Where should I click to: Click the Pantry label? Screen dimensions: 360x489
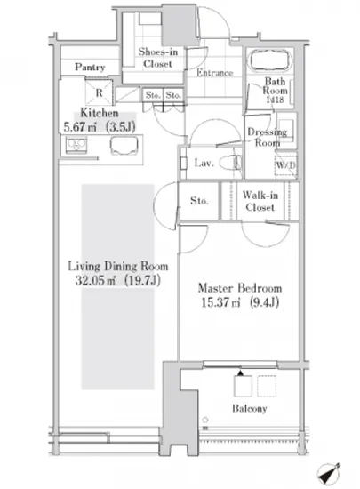click(90, 68)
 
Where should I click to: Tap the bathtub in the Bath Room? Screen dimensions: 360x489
click(270, 60)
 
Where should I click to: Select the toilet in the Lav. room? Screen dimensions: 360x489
click(230, 163)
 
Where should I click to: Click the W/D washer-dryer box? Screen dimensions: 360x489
click(285, 165)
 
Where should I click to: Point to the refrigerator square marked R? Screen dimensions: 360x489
click(99, 92)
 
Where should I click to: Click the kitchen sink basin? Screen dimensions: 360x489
click(124, 146)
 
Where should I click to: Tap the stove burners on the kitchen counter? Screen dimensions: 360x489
click(76, 145)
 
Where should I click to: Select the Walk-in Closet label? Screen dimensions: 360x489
click(260, 201)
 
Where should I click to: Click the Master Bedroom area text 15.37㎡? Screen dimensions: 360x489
click(220, 302)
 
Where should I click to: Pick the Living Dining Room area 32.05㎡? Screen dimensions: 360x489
click(95, 280)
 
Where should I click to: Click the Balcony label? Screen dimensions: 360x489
click(250, 409)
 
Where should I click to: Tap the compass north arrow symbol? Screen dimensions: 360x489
click(329, 475)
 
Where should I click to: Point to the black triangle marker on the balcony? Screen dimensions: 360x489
click(240, 373)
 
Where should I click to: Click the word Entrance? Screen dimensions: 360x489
click(215, 73)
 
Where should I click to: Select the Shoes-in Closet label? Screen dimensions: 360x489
click(157, 58)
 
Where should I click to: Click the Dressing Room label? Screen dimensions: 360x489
click(268, 138)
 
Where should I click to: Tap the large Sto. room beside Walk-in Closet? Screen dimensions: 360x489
click(199, 201)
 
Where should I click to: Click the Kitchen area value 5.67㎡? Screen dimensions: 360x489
click(80, 127)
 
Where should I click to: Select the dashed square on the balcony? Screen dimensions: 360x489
click(267, 386)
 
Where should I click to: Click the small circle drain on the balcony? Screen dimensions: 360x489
click(205, 420)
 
